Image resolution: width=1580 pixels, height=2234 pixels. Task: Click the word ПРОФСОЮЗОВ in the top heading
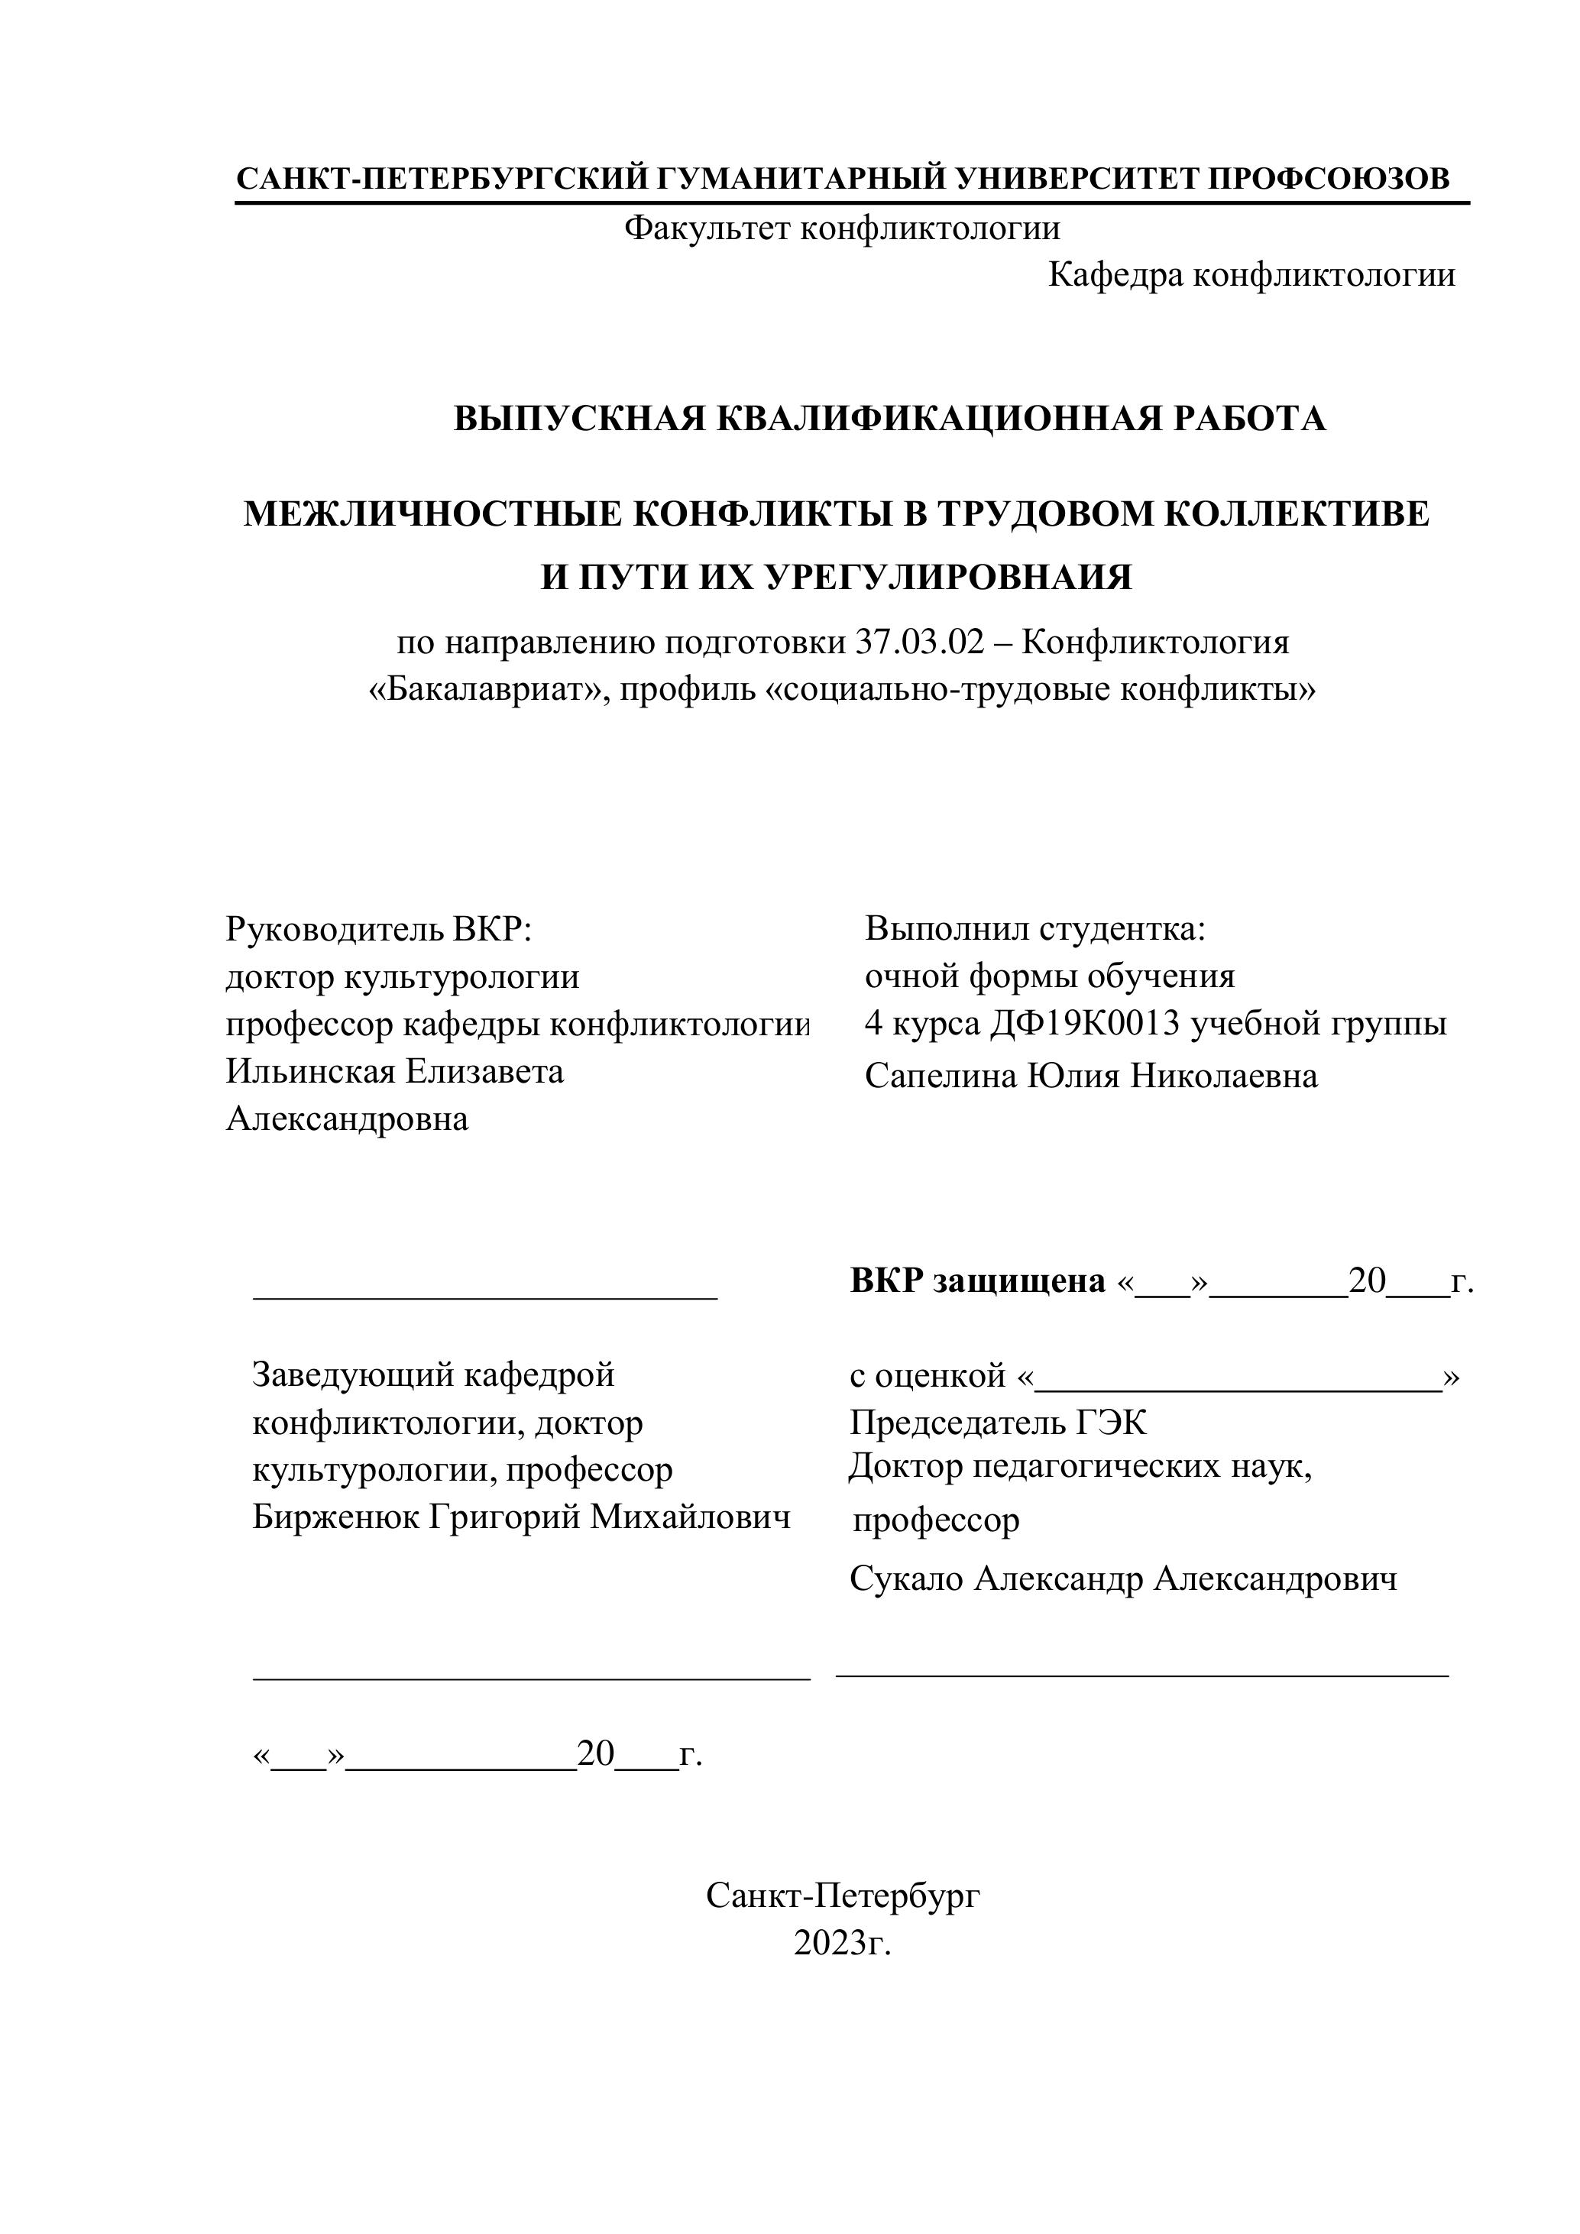point(1328,178)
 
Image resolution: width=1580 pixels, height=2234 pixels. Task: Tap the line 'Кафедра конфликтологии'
point(1251,275)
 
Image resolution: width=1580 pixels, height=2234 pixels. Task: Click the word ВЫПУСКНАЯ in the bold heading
point(579,419)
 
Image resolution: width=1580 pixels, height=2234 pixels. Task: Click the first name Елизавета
point(484,1071)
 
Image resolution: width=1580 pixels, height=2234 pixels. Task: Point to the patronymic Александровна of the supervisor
point(348,1119)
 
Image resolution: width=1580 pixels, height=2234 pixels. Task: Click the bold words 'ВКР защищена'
point(978,1281)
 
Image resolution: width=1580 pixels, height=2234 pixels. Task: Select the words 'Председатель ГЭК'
point(999,1423)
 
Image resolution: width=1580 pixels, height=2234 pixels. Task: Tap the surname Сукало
point(906,1579)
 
